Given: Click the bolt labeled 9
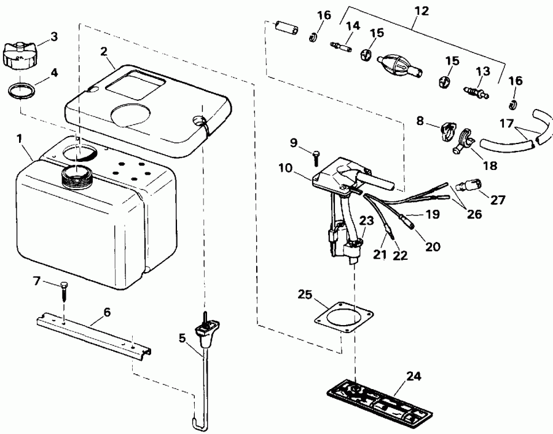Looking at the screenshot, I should click(x=315, y=158).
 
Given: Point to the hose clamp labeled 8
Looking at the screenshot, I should click(x=448, y=131).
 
